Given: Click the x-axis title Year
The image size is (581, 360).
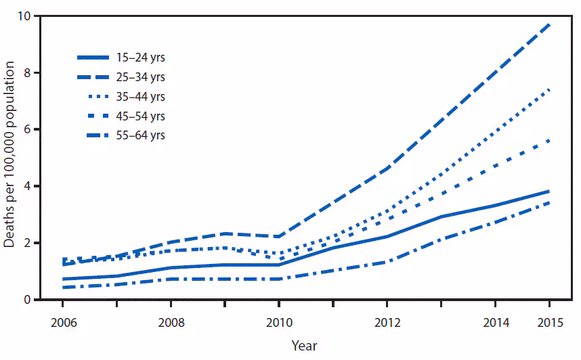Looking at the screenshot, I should (x=304, y=346).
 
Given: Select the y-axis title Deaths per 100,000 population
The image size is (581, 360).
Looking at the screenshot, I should (x=12, y=154).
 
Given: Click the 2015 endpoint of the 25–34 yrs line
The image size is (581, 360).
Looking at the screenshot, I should (x=548, y=24).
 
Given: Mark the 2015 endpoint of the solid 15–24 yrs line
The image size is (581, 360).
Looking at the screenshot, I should (x=548, y=192).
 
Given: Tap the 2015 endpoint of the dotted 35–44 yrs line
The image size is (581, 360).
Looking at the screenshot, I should (x=548, y=89).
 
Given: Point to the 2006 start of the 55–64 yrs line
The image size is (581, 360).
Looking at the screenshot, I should (x=63, y=288).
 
